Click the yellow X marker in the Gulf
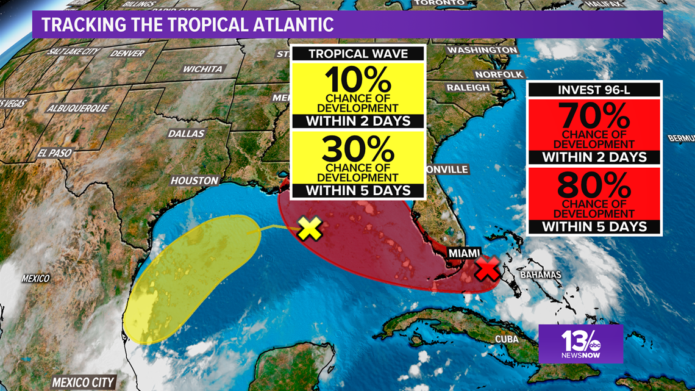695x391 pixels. pos(310,229)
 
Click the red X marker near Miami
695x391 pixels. pos(487,268)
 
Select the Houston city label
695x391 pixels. pos(194,181)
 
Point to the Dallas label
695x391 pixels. pos(187,133)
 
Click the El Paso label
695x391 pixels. pos(54,153)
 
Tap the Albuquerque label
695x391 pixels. pos(79,109)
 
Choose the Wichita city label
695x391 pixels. pos(202,69)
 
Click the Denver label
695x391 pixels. pos(127,54)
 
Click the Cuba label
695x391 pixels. pos(506,339)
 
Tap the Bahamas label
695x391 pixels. pos(540,275)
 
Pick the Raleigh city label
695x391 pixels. pos(468,88)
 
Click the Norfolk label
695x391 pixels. pos(499,74)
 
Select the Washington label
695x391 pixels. pos(482,50)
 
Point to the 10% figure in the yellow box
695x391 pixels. pos(357,79)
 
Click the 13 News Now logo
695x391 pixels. pos(580,343)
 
